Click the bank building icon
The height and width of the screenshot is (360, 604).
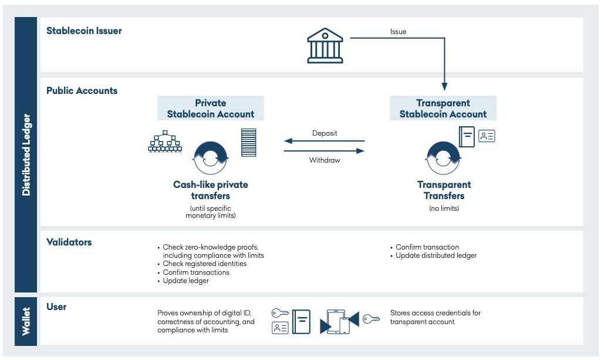pos(325,45)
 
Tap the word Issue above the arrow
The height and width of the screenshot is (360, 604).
pos(398,32)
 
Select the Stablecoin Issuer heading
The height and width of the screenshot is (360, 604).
pos(84,31)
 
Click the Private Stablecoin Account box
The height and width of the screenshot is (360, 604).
pos(211,109)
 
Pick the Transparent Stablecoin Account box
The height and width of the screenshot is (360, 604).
pos(443,109)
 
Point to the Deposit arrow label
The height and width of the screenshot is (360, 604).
pos(325,133)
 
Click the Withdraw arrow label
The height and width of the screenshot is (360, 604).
pos(325,160)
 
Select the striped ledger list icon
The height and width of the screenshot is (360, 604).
pos(248,143)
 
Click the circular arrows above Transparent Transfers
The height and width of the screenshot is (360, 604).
pos(444,157)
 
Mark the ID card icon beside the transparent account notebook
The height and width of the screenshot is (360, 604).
pos(487,136)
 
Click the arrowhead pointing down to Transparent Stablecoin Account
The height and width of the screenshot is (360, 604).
pos(444,87)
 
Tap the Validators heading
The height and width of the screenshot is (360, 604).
pos(69,242)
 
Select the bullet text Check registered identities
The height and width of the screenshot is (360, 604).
pos(205,264)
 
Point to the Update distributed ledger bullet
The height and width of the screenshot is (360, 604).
pos(436,255)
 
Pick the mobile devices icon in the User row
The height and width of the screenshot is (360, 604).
pos(339,322)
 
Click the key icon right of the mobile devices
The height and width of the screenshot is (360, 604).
pos(371,319)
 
